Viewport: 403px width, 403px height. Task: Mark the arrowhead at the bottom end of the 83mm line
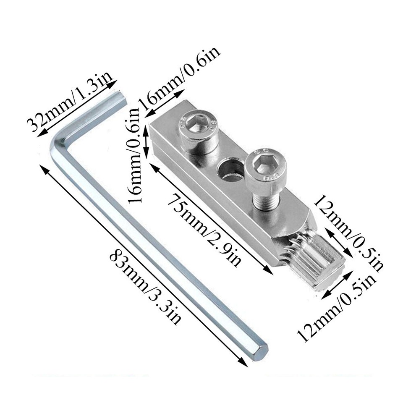click(243, 363)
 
